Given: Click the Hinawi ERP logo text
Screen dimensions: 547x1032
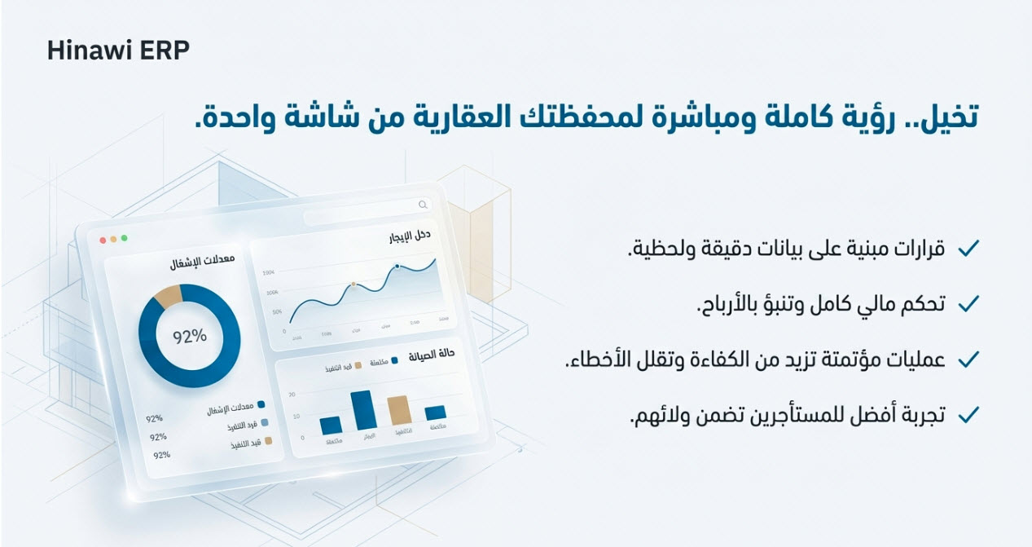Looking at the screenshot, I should tap(118, 51).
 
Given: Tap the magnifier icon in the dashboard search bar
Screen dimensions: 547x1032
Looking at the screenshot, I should tap(422, 205).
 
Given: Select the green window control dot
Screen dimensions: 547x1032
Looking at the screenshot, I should tap(124, 238).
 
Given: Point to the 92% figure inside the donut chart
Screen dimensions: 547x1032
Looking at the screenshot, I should tap(189, 335).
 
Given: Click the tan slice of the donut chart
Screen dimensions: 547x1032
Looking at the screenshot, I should tap(167, 297).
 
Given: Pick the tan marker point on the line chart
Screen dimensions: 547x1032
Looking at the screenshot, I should tap(353, 285).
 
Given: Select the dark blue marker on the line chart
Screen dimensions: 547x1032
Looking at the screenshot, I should tap(397, 266).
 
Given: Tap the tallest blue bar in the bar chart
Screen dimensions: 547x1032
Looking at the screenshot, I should tap(362, 410).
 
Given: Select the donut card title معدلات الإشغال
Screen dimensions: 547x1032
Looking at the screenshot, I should tap(202, 263).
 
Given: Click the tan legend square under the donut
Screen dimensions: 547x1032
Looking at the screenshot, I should tap(269, 441).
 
